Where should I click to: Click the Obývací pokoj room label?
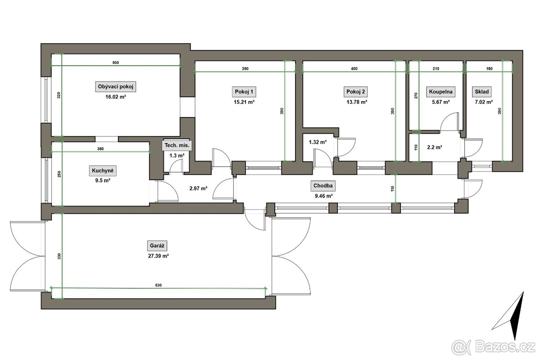click(116, 86)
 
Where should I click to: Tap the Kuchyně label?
click(103, 171)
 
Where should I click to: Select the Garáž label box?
click(157, 246)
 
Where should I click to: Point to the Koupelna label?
click(441, 92)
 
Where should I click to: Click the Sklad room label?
click(481, 92)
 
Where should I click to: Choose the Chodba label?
click(323, 186)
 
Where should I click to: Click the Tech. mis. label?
click(177, 145)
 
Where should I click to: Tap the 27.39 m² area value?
click(158, 256)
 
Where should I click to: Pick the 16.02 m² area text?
click(116, 97)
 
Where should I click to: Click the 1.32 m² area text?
click(318, 142)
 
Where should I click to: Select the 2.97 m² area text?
click(198, 188)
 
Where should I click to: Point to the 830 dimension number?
click(158, 285)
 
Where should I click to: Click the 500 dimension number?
click(116, 63)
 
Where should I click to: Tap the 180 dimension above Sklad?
click(490, 69)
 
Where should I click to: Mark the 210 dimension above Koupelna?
click(436, 69)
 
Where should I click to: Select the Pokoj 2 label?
click(355, 92)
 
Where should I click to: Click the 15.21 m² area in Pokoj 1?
click(244, 102)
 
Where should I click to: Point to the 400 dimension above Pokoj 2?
click(354, 69)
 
